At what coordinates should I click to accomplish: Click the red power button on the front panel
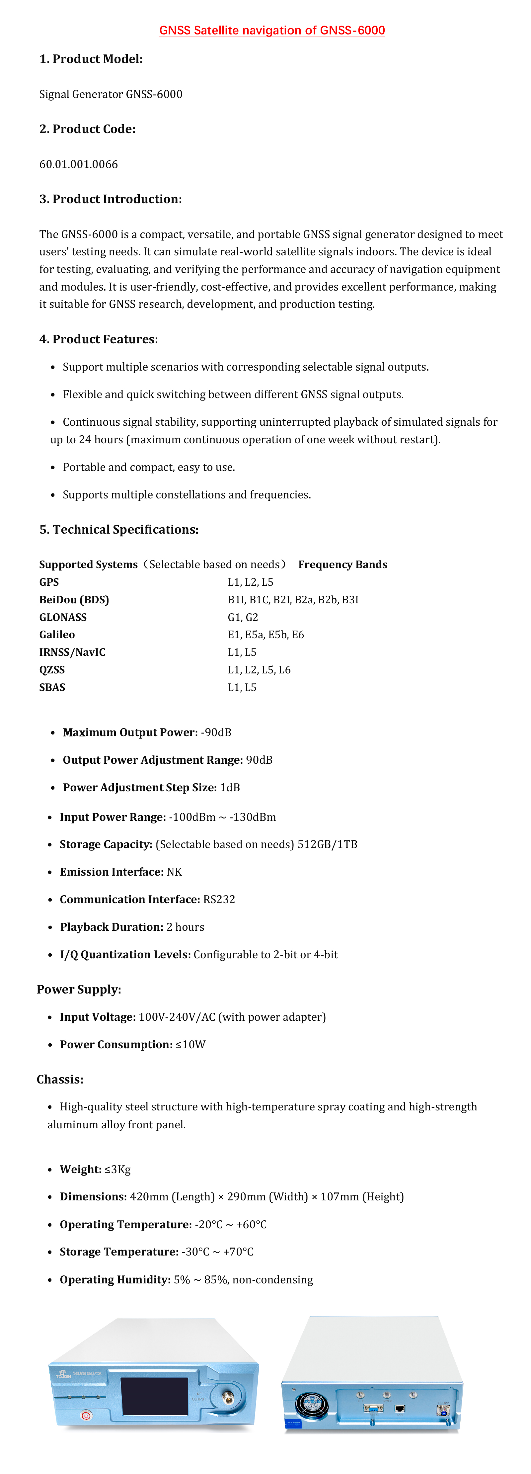point(86,1416)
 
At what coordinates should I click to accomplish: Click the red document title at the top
point(272,30)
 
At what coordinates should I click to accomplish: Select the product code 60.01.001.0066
point(78,164)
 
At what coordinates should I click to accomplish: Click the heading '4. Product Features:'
point(99,339)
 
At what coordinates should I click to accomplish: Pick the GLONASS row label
point(63,617)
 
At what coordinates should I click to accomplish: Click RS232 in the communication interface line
point(219,900)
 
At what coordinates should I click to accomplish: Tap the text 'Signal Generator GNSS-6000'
point(111,94)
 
